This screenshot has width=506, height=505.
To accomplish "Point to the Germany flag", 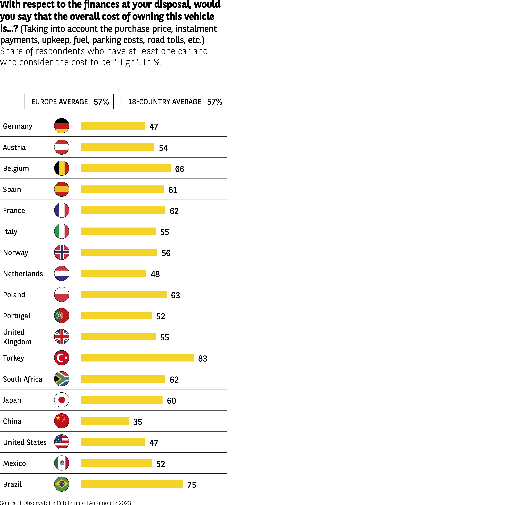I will pyautogui.click(x=62, y=126).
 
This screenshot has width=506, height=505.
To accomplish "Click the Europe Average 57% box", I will pyautogui.click(x=69, y=101).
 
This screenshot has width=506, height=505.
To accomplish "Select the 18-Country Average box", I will pyautogui.click(x=173, y=101).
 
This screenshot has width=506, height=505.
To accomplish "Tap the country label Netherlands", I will pyautogui.click(x=23, y=274).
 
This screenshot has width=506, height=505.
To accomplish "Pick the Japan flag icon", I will pyautogui.click(x=62, y=400).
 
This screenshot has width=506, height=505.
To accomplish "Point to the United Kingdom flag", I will pyautogui.click(x=62, y=337).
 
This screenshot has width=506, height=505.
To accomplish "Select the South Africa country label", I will pyautogui.click(x=23, y=379).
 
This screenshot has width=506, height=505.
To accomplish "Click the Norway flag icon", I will pyautogui.click(x=62, y=252).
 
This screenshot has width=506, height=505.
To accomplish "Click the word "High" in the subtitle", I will pyautogui.click(x=126, y=62).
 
